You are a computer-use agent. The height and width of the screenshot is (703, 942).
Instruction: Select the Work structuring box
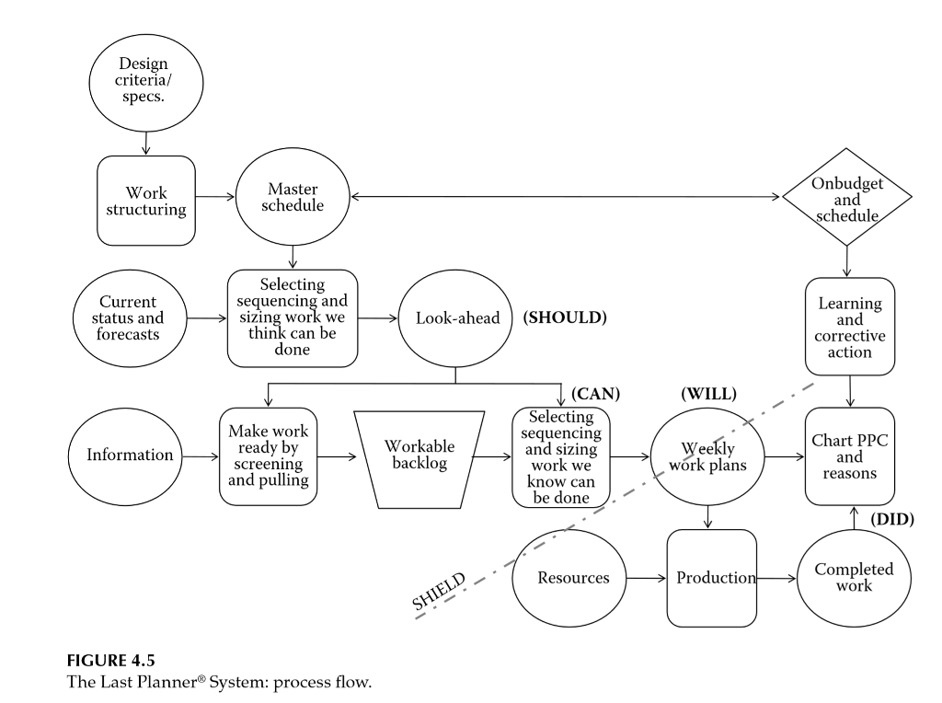146,201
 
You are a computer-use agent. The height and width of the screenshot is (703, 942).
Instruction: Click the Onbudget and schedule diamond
846,199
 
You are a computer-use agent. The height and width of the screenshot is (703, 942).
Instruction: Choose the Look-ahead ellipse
457,317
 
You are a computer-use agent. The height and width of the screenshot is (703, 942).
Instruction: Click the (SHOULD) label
566,317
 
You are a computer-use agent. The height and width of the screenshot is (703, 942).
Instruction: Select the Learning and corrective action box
849,327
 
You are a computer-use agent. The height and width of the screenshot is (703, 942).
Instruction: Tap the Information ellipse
130,455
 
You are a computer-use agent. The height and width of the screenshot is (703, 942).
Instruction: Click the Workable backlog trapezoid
419,455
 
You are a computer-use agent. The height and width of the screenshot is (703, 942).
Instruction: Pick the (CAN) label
595,394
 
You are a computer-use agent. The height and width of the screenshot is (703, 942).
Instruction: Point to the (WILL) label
708,394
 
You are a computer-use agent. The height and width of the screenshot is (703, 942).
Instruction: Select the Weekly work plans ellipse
708,455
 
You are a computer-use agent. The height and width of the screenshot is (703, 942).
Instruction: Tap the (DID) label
891,519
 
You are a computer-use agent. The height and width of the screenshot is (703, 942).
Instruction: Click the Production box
710,578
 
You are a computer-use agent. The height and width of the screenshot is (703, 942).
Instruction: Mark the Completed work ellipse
856,578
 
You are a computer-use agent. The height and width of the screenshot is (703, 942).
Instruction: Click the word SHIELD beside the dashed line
439,592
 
